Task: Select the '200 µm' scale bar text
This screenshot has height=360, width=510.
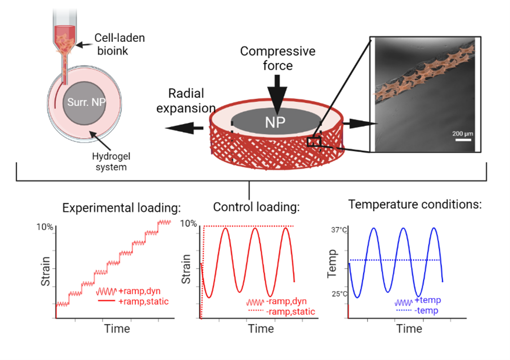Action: click(462, 134)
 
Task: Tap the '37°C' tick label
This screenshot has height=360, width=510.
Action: click(339, 230)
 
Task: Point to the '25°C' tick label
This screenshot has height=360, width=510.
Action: click(339, 294)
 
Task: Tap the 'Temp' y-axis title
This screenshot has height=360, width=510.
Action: click(333, 263)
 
